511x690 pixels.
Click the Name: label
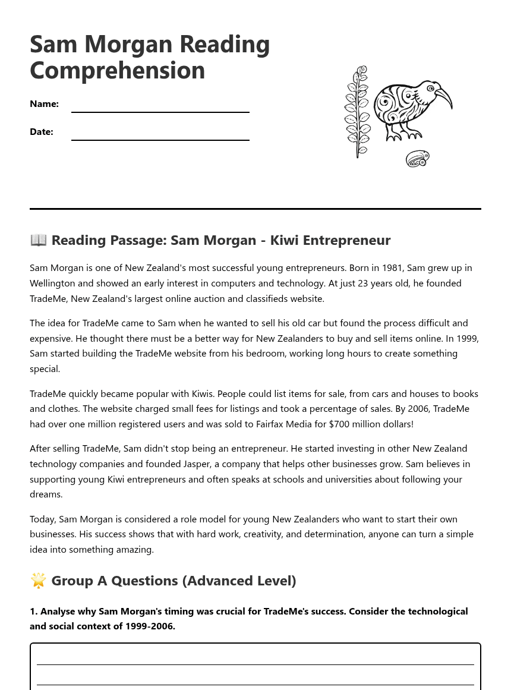pos(44,104)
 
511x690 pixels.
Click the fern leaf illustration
pos(357,113)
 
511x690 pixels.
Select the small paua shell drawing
pos(417,159)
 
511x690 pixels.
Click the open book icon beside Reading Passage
pos(38,240)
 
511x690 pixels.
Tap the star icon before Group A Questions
pos(38,581)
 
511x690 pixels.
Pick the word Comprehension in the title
pos(117,70)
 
